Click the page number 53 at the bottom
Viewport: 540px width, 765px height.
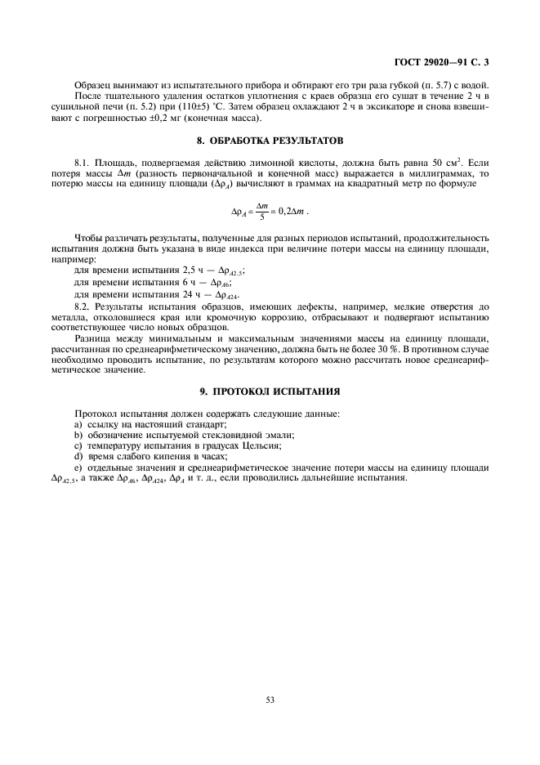[270, 699]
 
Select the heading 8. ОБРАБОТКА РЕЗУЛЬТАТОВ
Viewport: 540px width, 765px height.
[270, 140]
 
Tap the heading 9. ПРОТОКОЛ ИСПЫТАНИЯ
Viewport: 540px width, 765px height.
[270, 391]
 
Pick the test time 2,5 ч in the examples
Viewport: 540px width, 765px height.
[181, 269]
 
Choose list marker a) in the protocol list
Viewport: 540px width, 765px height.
[78, 424]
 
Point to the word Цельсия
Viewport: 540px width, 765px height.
[261, 445]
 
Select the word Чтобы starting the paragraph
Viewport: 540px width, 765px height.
[89, 236]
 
